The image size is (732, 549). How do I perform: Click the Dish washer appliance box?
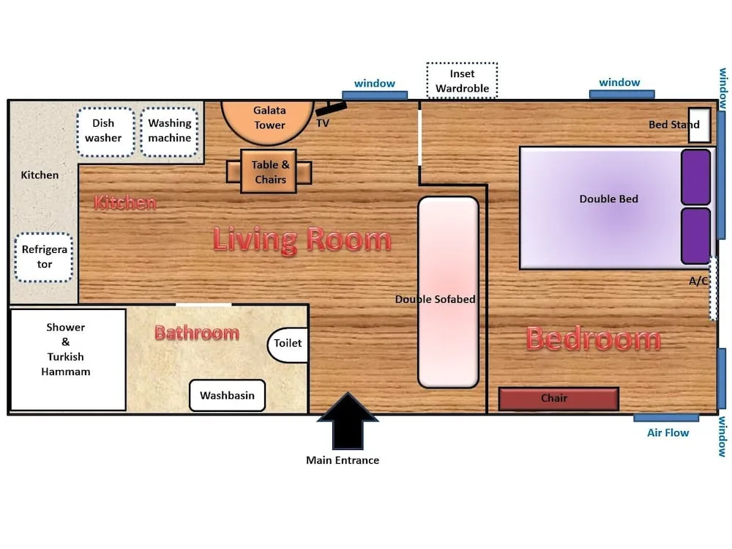[105, 132]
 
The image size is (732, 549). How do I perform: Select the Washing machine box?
[170, 132]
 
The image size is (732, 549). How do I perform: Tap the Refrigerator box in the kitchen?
[45, 257]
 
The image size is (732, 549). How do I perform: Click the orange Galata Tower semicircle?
[269, 119]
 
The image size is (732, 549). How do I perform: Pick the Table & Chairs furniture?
[269, 172]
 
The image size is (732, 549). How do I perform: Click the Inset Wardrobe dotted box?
[462, 81]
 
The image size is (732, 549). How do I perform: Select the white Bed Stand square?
[699, 125]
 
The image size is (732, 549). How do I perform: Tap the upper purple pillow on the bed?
[695, 177]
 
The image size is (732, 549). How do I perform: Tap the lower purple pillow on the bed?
[695, 236]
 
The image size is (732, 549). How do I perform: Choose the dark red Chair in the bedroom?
[559, 399]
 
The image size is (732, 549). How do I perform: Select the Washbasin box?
[227, 396]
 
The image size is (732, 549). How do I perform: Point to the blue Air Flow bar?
[665, 418]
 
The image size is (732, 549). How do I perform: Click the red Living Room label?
[302, 240]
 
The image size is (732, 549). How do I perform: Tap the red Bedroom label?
[593, 339]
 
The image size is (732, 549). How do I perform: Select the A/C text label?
[698, 281]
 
